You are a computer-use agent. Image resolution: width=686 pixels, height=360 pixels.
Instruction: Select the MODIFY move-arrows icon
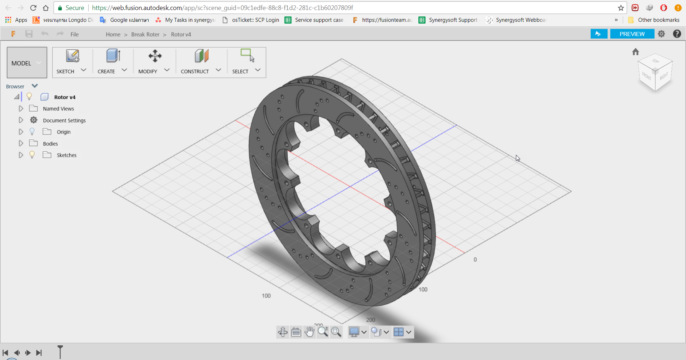click(155, 56)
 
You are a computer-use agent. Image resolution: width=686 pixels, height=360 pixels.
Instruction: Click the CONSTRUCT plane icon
click(202, 56)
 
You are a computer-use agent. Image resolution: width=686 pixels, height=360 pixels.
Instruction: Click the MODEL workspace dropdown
click(27, 63)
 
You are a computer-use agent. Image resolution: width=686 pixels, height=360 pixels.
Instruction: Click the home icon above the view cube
click(635, 52)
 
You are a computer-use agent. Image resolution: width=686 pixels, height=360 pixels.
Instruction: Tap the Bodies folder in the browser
click(50, 144)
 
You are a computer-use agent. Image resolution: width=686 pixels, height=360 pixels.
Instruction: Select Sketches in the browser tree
click(66, 155)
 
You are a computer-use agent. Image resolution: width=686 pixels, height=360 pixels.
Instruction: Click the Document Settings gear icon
click(34, 120)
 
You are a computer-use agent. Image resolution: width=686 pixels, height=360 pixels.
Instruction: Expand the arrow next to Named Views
click(21, 109)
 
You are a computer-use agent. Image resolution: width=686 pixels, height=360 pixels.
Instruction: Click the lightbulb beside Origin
click(32, 132)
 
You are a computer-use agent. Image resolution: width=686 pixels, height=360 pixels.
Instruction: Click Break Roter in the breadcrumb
click(145, 34)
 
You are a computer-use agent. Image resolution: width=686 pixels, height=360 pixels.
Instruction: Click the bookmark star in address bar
click(621, 8)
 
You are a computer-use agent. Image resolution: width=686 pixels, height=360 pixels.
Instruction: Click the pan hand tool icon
click(309, 332)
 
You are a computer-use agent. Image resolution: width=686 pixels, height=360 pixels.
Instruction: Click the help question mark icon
click(677, 34)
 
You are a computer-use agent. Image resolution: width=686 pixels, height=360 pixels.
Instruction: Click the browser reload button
click(33, 8)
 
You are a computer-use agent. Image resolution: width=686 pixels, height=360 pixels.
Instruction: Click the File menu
click(74, 34)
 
